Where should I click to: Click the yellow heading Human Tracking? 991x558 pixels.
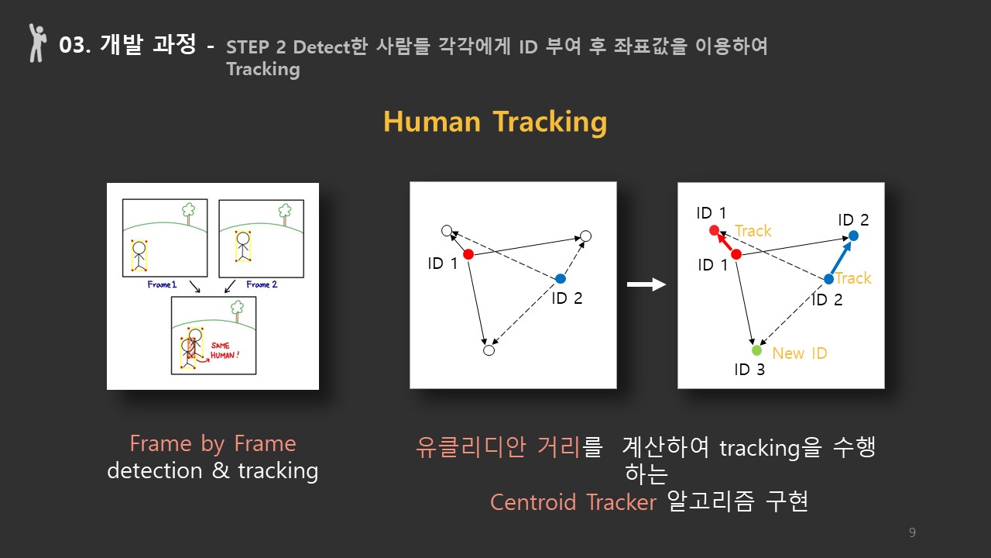495,122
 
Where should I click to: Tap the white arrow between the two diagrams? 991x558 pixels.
646,284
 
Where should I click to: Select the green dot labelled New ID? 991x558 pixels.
757,350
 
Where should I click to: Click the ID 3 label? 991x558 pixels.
749,370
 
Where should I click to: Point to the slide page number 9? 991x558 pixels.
912,532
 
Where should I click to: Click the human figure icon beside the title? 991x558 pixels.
37,43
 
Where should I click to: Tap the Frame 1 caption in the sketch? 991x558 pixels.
162,284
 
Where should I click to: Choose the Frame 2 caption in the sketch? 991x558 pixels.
262,284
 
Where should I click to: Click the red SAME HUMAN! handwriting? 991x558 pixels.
225,350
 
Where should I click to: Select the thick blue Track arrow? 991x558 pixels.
841,258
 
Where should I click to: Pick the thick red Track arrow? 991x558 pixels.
725,242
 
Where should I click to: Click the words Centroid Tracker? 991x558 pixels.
573,502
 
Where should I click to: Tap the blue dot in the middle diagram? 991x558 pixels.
561,278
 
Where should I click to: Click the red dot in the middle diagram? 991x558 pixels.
468,254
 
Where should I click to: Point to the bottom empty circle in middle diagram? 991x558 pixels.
489,350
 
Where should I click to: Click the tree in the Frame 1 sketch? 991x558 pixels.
189,213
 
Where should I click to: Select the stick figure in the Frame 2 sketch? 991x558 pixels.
243,246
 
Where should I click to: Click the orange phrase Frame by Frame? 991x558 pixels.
213,444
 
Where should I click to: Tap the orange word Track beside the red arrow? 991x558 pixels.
753,231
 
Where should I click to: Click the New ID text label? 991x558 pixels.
800,353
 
